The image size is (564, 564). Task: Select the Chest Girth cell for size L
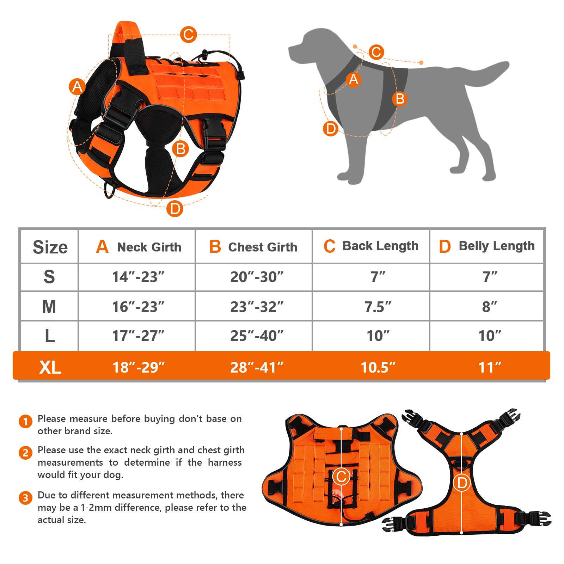coord(257,336)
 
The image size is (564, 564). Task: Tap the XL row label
coord(50,367)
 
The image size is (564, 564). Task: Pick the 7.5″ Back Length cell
coord(378,307)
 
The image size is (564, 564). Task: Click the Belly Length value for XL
coord(490,367)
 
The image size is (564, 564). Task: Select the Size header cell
coord(50,247)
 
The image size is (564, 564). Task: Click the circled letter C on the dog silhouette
coord(376,52)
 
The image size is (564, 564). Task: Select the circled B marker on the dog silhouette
coord(400,99)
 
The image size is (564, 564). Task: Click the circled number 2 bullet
coord(25,453)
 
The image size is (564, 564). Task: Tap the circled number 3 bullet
coord(25,498)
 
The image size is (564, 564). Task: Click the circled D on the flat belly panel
coord(462,483)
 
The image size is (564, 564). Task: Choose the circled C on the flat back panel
coord(341,477)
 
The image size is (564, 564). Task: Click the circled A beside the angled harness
coord(77,86)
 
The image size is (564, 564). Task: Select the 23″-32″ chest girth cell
coord(257,307)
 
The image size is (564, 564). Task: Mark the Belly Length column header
coord(487,246)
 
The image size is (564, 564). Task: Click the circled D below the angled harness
coord(175,209)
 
